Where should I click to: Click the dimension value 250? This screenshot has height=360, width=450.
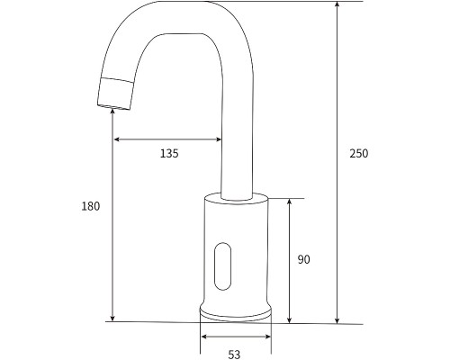point(358,153)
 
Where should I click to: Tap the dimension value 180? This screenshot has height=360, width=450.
point(90,205)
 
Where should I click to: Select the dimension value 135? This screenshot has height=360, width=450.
point(168,153)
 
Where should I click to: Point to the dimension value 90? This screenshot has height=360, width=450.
point(303,259)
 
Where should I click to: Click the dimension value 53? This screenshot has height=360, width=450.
point(234,354)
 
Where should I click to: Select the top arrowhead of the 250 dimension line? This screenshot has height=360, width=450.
point(337,6)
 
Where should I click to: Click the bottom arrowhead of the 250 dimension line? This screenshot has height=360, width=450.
point(337,319)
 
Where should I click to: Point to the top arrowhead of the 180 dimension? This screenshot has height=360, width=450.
point(112,110)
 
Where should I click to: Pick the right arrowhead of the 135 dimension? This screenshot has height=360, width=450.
point(219,139)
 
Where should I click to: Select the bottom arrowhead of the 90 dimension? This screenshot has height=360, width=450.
point(289,319)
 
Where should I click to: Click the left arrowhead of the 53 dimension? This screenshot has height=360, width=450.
point(203,337)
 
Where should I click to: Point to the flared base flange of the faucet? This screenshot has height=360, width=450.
point(235,311)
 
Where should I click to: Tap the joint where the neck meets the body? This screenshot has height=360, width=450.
point(236,195)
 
